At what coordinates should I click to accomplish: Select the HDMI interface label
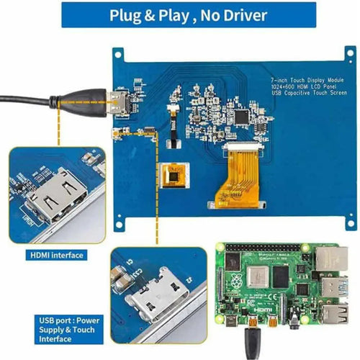pyautogui.click(x=57, y=255)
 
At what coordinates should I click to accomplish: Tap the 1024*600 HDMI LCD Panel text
pyautogui.click(x=302, y=86)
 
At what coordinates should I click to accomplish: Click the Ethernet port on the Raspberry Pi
pyautogui.click(x=332, y=263)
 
